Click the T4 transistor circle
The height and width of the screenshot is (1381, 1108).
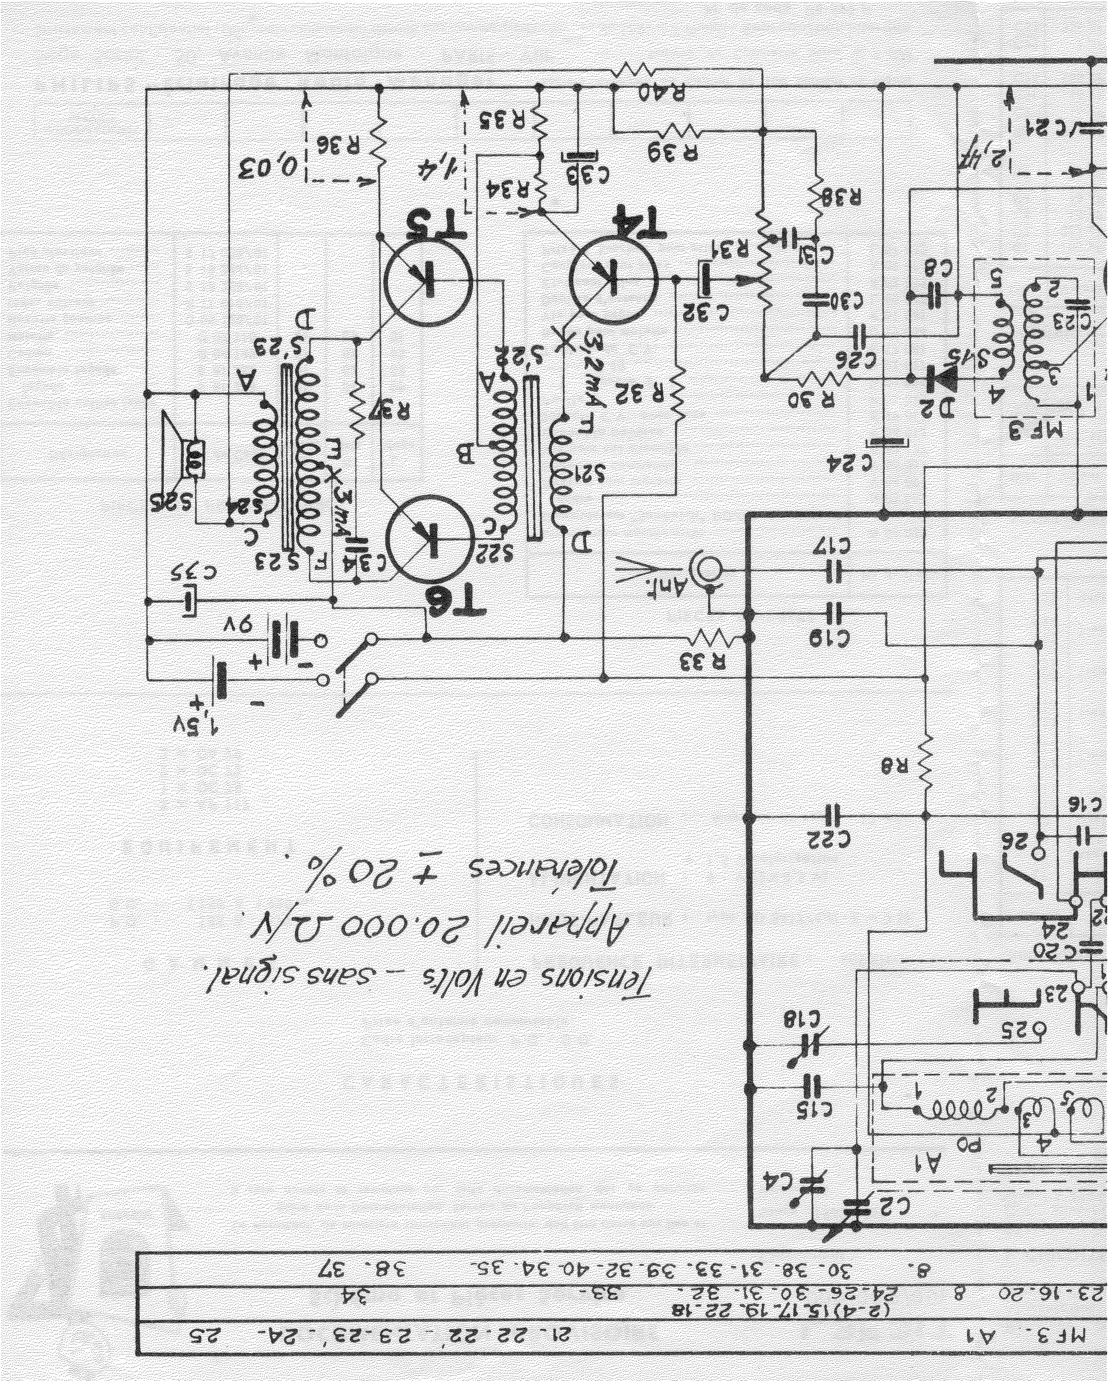click(x=613, y=280)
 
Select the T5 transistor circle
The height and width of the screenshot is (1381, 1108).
click(x=428, y=280)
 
